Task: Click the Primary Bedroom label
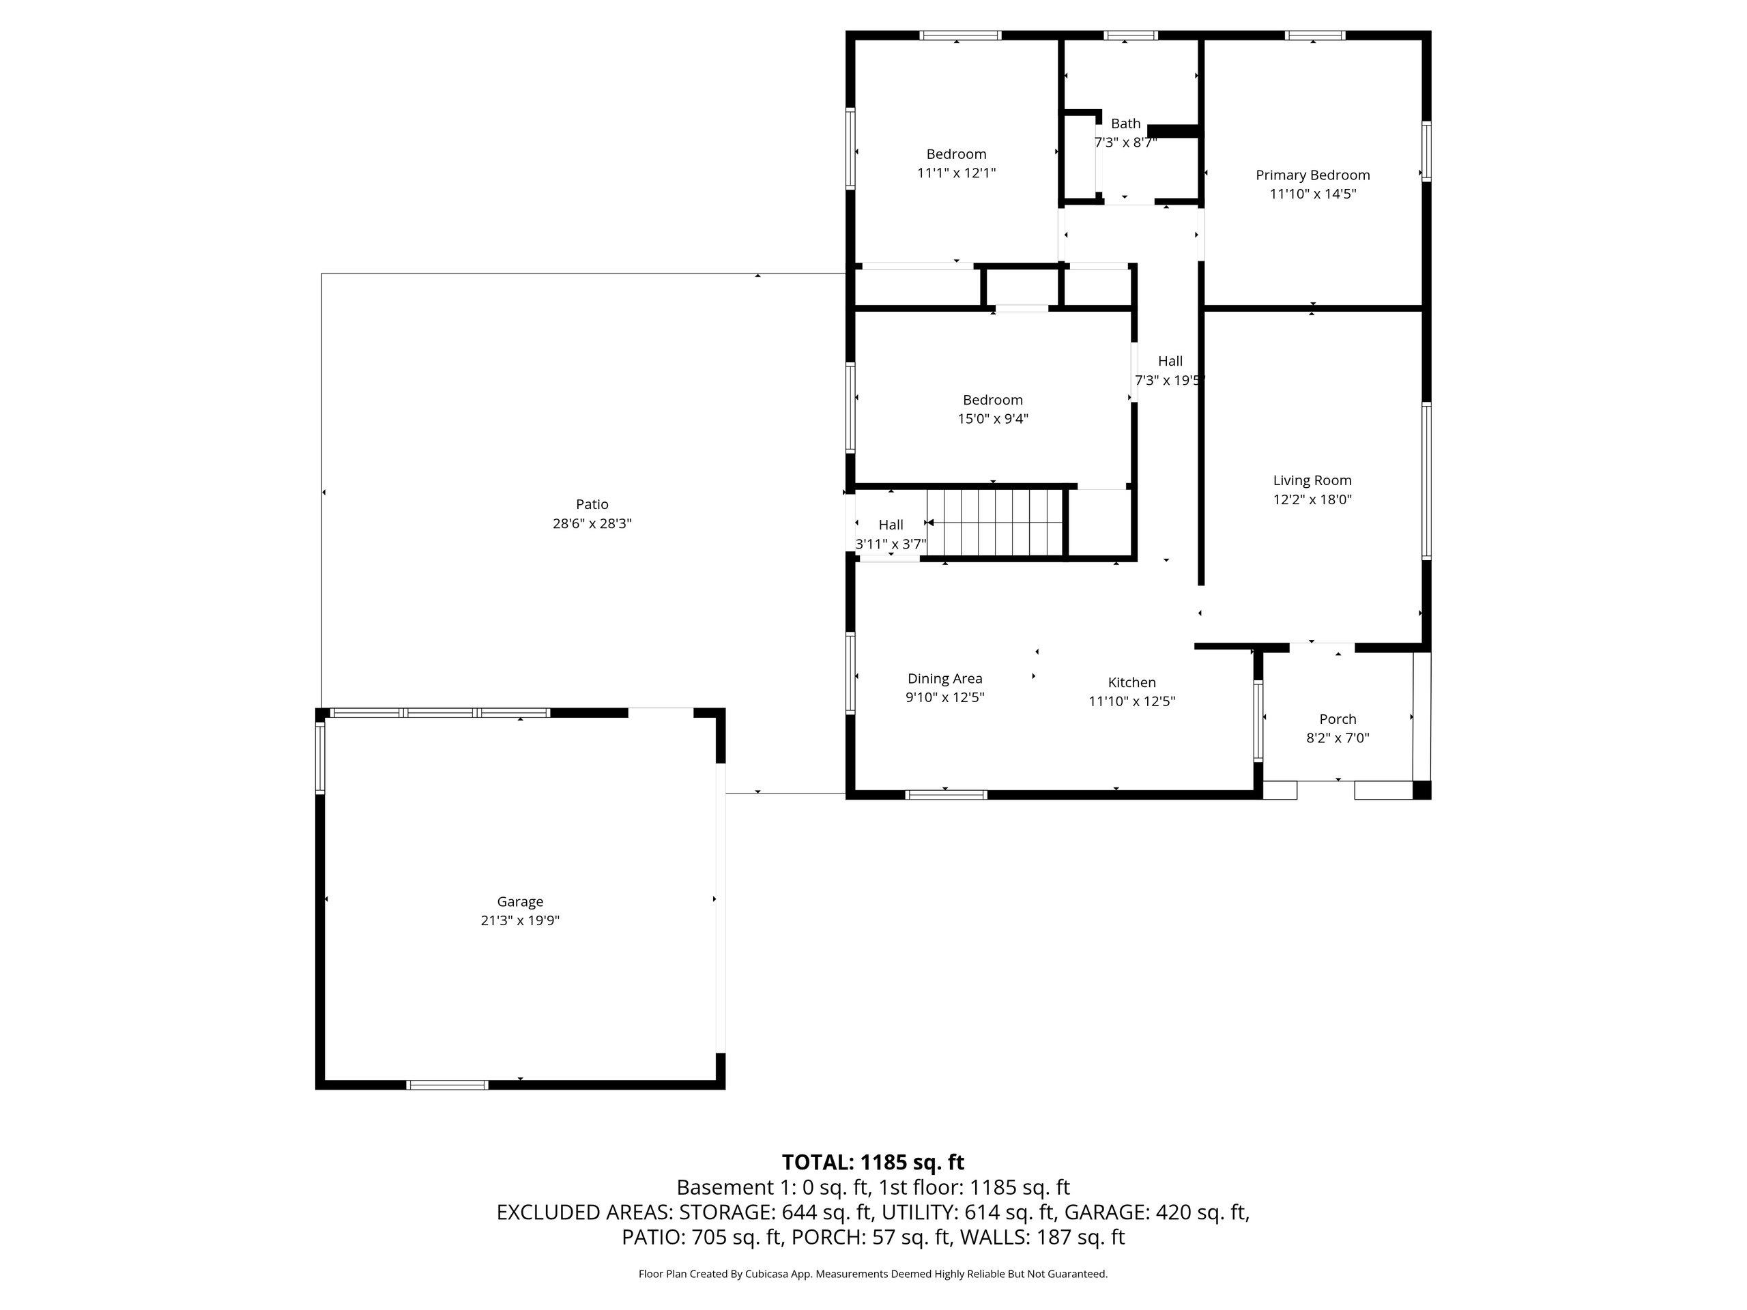pos(1312,175)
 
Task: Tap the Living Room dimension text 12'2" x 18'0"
pos(1312,499)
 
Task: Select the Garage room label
pos(520,902)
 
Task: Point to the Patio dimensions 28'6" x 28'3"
pos(592,523)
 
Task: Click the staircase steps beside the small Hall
pos(994,523)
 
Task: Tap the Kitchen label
pos(1131,682)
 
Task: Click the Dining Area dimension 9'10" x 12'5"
pos(944,697)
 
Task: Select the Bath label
pos(1125,123)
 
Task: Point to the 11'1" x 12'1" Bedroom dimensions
pos(957,173)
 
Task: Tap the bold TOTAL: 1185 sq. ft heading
pos(873,1163)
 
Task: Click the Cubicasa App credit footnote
pos(873,1274)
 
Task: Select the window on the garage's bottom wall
pos(447,1085)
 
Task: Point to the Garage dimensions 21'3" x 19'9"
pos(520,920)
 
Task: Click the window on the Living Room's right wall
pos(1426,481)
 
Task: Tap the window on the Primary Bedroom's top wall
pos(1314,35)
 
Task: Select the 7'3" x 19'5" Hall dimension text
pos(1170,380)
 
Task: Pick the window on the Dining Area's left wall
pos(850,673)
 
